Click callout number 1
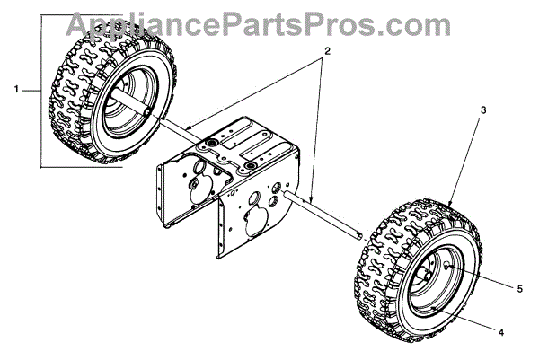pos(17,89)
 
